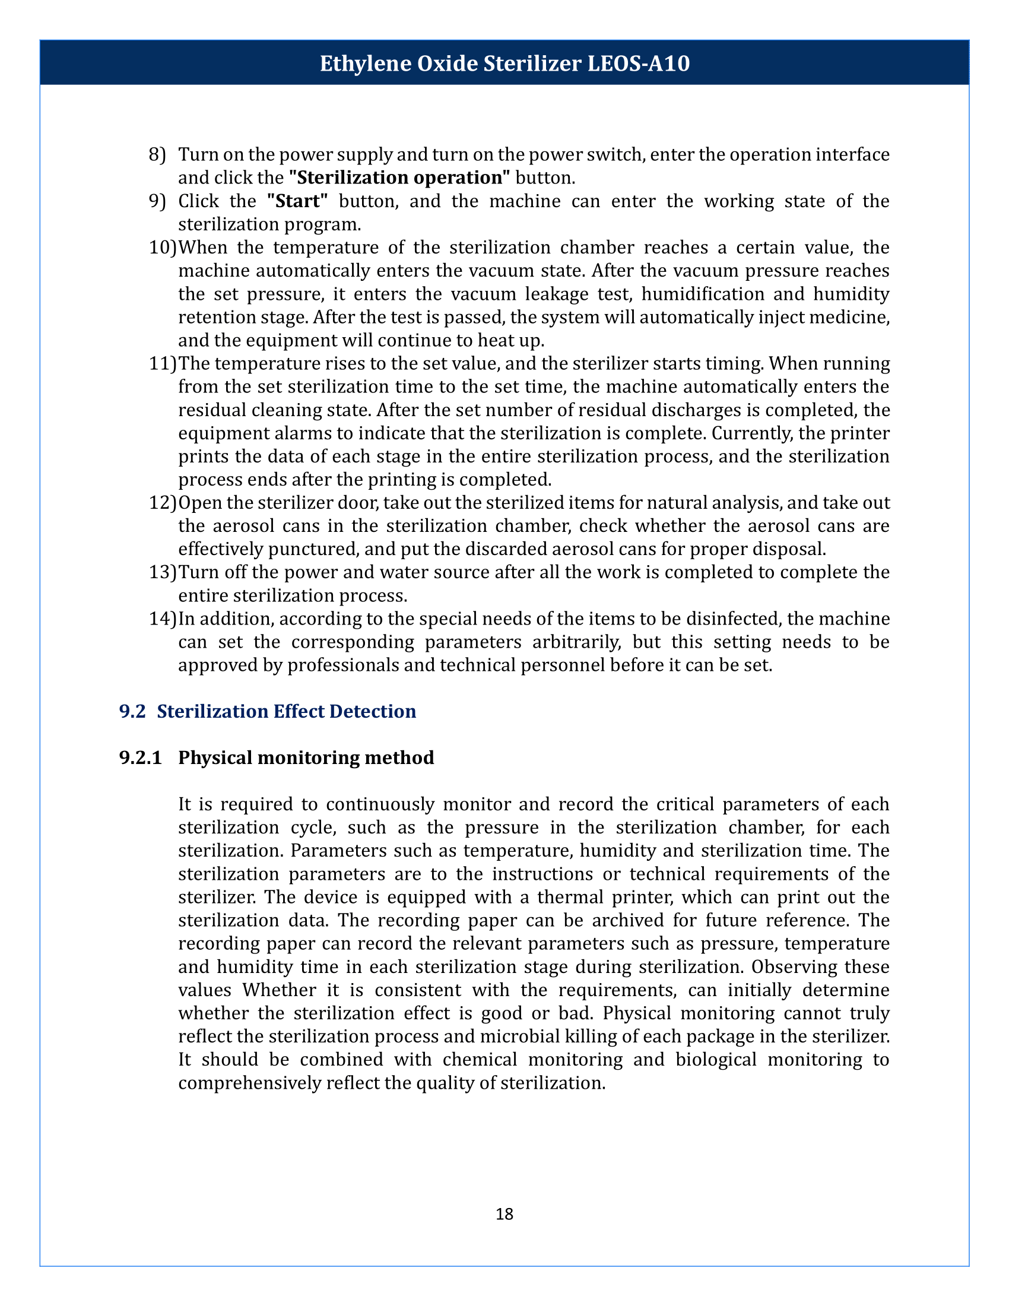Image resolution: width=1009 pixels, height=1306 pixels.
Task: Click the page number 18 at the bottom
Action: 504,1214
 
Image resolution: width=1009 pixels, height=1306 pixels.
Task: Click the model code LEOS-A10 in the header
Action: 639,64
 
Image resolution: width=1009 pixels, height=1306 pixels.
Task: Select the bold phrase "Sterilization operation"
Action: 399,178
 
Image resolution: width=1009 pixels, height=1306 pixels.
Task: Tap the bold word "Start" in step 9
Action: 297,201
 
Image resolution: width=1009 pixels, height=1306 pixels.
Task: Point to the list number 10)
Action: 162,248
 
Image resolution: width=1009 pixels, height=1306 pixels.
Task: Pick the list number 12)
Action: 162,503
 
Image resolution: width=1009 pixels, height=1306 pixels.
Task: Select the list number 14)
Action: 162,619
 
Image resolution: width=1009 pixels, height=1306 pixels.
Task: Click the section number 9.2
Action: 133,712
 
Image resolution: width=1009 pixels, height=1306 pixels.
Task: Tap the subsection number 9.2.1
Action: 141,758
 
